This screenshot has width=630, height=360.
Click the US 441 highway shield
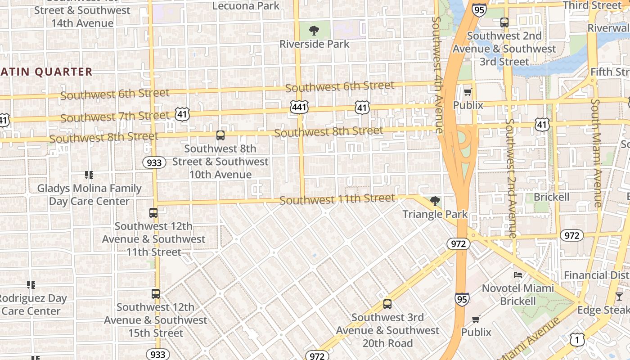(299, 107)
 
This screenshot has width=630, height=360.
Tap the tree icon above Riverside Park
(314, 31)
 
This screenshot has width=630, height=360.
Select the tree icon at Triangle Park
(435, 201)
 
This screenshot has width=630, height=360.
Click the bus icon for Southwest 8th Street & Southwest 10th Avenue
(220, 135)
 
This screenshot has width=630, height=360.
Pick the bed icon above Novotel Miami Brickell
(518, 274)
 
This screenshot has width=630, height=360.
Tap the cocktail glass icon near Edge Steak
(619, 296)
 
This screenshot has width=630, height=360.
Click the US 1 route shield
(577, 340)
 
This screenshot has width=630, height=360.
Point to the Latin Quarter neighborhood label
(46, 72)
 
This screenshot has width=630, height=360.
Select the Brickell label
(551, 197)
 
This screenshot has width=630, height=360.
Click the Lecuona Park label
(246, 6)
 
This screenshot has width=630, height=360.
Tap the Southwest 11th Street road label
(337, 199)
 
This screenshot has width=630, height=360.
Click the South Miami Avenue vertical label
(597, 153)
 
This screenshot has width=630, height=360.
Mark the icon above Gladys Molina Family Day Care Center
(89, 175)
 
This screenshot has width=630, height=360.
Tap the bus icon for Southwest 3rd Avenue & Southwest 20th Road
(387, 304)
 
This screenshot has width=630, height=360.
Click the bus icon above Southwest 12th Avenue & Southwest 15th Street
(155, 294)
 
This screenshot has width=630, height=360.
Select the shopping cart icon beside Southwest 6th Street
(468, 92)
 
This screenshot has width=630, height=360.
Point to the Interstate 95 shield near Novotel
(462, 299)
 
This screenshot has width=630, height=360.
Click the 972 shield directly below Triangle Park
(459, 244)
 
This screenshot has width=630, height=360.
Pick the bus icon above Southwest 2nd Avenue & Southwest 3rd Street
(504, 22)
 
